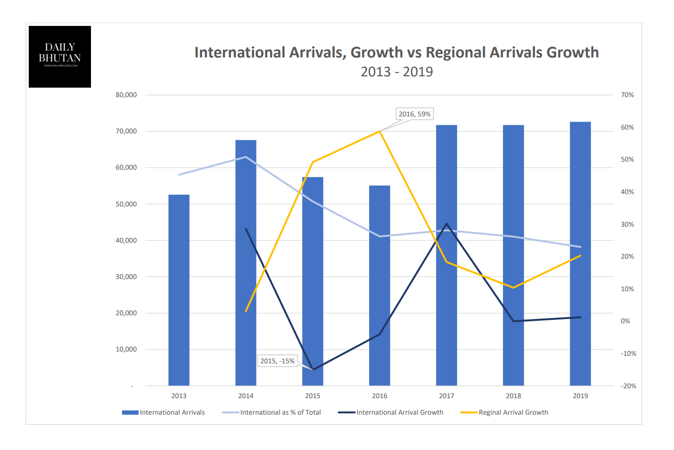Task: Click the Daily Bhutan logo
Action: [x=60, y=57]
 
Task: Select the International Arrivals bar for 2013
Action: [x=179, y=290]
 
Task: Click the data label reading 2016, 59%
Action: [x=414, y=114]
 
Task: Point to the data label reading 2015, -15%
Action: [x=277, y=361]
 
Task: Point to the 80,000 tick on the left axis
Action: [x=126, y=95]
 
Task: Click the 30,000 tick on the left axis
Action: [x=126, y=277]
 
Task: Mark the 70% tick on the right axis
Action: [x=627, y=95]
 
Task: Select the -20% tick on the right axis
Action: [x=628, y=386]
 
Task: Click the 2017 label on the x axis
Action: [x=446, y=396]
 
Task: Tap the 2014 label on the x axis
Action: [x=246, y=396]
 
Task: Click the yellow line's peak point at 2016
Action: [x=379, y=131]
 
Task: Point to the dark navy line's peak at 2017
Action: [x=446, y=224]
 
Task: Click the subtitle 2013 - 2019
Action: [x=397, y=72]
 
